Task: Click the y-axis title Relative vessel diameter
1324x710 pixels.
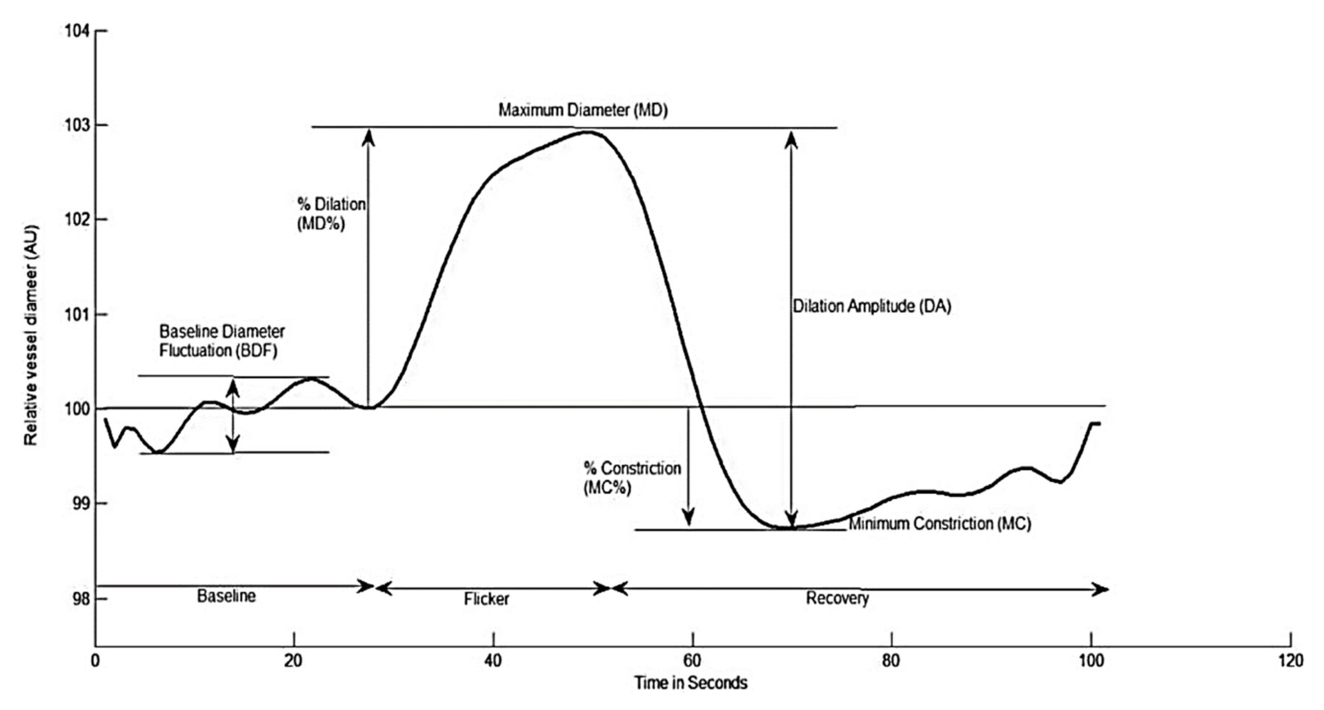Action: pyautogui.click(x=31, y=335)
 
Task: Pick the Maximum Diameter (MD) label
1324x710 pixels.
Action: pyautogui.click(x=583, y=110)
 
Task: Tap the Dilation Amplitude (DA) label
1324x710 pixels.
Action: pyautogui.click(x=872, y=306)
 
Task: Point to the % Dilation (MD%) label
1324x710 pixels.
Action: pyautogui.click(x=331, y=214)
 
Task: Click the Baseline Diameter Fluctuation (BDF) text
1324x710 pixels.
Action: pyautogui.click(x=222, y=341)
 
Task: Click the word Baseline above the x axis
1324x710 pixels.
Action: pyautogui.click(x=226, y=596)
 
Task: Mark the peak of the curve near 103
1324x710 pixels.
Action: pyautogui.click(x=588, y=132)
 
